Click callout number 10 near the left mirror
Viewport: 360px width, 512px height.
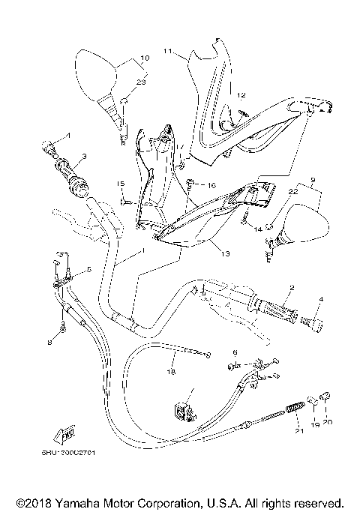[x=145, y=57]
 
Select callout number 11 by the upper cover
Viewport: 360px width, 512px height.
[x=168, y=52]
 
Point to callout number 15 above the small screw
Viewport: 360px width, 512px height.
[x=119, y=184]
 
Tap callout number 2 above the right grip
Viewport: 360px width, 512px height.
[x=292, y=286]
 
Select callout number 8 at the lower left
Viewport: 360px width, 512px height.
[x=51, y=343]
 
